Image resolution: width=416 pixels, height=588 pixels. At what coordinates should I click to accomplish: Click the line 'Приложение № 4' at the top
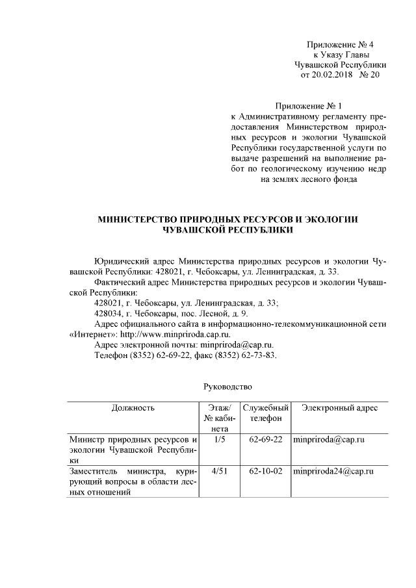coord(341,44)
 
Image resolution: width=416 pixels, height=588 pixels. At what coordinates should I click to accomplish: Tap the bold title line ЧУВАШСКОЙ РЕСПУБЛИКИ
coord(228,229)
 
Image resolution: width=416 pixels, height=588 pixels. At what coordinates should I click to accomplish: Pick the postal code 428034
coord(109,313)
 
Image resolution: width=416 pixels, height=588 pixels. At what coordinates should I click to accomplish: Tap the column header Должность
coord(132,408)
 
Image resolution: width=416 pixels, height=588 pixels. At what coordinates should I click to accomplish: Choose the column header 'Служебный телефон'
coord(265,413)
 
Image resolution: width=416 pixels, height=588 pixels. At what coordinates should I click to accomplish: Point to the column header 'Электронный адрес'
coord(339,408)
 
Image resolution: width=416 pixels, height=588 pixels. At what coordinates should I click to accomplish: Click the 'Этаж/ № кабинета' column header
coord(219,418)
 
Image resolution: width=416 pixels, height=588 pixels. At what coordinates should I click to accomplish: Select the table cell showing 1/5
coord(219,440)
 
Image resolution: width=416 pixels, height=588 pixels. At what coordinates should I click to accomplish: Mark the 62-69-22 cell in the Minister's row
coord(265,440)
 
